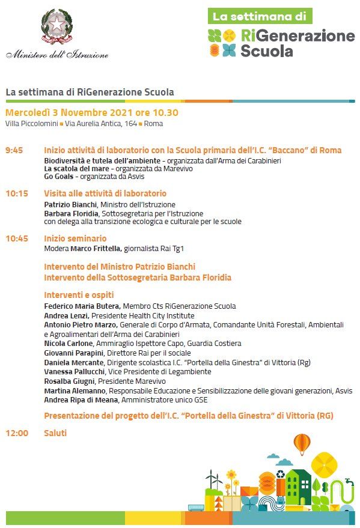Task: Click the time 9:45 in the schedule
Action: point(14,150)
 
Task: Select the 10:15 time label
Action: point(17,193)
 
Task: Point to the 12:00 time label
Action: point(17,432)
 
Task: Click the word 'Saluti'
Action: point(55,432)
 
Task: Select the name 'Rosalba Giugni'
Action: point(70,381)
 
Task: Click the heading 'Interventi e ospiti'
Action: point(79,295)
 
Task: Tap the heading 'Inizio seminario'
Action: point(75,238)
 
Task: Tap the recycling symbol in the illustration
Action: point(280,475)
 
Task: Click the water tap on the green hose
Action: point(348,482)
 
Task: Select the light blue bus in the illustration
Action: point(195,508)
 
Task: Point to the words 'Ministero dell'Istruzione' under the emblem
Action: point(58,55)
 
